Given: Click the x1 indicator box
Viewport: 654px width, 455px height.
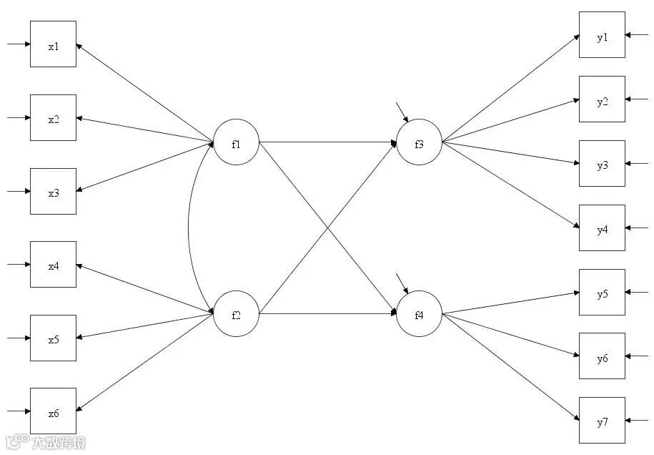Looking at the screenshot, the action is [53, 44].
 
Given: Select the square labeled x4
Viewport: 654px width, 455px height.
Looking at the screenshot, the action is [53, 265].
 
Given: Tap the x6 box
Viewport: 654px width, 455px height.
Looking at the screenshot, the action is [53, 411].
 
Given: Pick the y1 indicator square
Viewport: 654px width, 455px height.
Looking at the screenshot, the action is [602, 34].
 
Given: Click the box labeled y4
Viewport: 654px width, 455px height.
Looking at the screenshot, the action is [602, 228].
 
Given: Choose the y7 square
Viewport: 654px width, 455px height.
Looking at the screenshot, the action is [602, 421].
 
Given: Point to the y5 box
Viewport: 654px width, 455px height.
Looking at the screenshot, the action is [602, 293].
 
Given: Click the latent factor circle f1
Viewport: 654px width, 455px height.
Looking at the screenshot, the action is [236, 142].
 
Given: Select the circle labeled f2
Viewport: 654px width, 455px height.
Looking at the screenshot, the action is [236, 313].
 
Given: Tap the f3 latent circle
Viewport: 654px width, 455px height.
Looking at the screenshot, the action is [419, 142].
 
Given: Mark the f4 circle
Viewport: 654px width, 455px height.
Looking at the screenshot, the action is [419, 313].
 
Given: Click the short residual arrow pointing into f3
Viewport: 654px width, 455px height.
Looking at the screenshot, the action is [402, 112].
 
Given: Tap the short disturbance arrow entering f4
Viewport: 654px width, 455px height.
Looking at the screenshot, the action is [402, 283].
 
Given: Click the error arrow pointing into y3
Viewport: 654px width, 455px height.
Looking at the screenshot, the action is [638, 164].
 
